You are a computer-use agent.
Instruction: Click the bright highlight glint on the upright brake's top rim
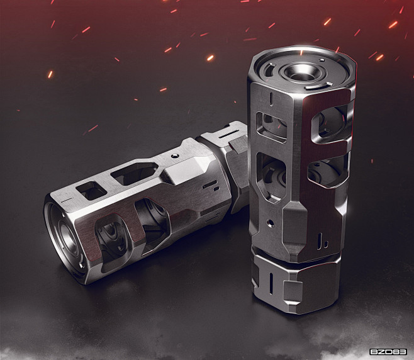tap(301, 51)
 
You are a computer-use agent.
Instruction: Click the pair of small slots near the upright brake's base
tap(323, 240)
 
